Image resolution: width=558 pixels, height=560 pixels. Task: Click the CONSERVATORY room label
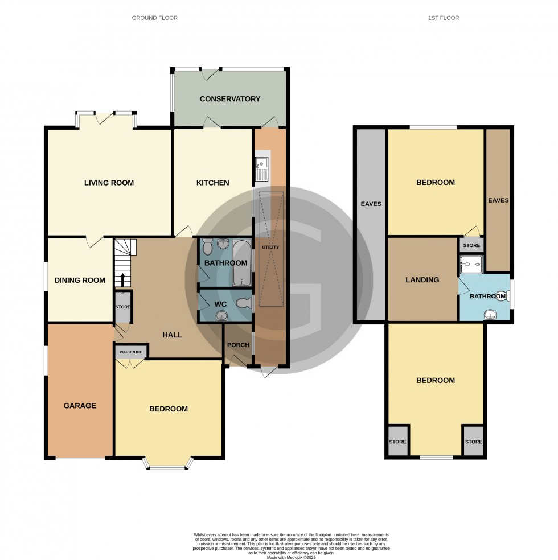[x=229, y=99]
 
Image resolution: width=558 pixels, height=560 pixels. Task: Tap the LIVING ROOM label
[x=109, y=183]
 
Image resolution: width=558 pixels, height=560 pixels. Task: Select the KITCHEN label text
[x=212, y=183]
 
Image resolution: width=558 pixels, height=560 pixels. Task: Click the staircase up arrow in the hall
[x=122, y=279]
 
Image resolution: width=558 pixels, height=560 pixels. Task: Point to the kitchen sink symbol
[x=262, y=168]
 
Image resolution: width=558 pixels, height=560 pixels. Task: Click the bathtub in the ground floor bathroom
[x=242, y=263]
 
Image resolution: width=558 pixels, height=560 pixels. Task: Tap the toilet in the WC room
[x=244, y=303]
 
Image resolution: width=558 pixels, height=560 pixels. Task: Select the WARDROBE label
[x=130, y=352]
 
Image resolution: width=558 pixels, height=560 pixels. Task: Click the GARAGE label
[x=80, y=406]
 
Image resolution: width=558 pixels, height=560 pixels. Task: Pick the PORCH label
[x=238, y=345]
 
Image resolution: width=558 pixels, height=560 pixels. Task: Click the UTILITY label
[x=270, y=247]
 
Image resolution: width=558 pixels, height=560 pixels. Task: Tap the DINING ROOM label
[x=80, y=280]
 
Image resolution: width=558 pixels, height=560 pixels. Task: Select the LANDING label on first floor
[x=422, y=279]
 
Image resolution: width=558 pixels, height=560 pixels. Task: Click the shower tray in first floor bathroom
[x=471, y=263]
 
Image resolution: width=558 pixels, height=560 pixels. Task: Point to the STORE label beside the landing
[x=471, y=246]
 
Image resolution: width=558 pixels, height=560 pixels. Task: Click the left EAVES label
[x=370, y=204]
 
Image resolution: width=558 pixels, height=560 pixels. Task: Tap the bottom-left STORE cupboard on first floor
[x=397, y=442]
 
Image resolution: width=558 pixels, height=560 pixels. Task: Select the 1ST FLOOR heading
[x=443, y=18]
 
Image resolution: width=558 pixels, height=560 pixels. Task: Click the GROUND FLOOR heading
[x=154, y=18]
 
